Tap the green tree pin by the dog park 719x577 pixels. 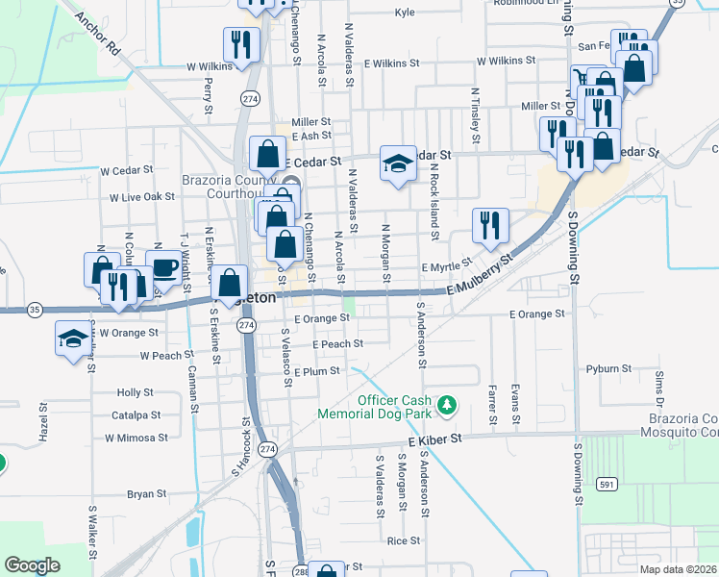(x=446, y=406)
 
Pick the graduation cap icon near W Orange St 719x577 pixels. (x=72, y=339)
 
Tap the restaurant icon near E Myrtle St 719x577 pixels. (x=490, y=225)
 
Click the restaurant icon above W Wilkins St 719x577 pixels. (x=240, y=43)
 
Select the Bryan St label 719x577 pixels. (x=146, y=494)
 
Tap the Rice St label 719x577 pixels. (x=403, y=540)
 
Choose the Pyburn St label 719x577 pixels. (x=608, y=368)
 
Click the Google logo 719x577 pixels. (x=32, y=565)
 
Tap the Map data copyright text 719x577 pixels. (x=677, y=569)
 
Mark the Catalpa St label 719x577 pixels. (x=136, y=415)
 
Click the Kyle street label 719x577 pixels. (x=404, y=13)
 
